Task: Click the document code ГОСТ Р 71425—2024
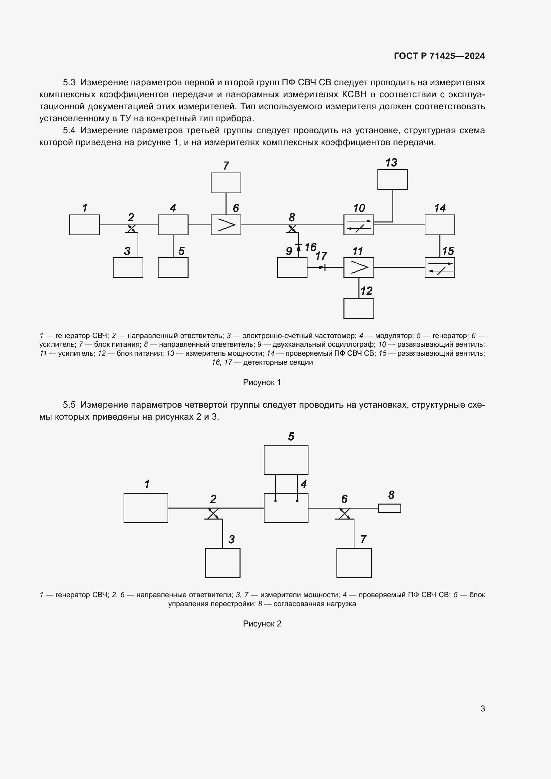(439, 56)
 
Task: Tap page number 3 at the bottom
(482, 708)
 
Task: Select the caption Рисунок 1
(262, 382)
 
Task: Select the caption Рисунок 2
(262, 623)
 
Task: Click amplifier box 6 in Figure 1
(226, 224)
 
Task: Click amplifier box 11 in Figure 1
(358, 267)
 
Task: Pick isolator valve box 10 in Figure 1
(358, 224)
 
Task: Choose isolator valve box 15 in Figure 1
(439, 267)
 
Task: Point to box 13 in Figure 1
(392, 180)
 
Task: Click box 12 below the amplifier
(358, 308)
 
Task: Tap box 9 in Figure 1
(292, 267)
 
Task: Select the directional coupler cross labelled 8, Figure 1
(292, 228)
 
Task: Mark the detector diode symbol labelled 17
(322, 267)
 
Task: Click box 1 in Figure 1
(85, 224)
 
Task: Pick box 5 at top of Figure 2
(286, 460)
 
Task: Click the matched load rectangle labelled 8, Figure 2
(389, 508)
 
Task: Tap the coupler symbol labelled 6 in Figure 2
(344, 513)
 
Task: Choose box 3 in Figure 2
(222, 563)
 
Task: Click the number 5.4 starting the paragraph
(69, 130)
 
